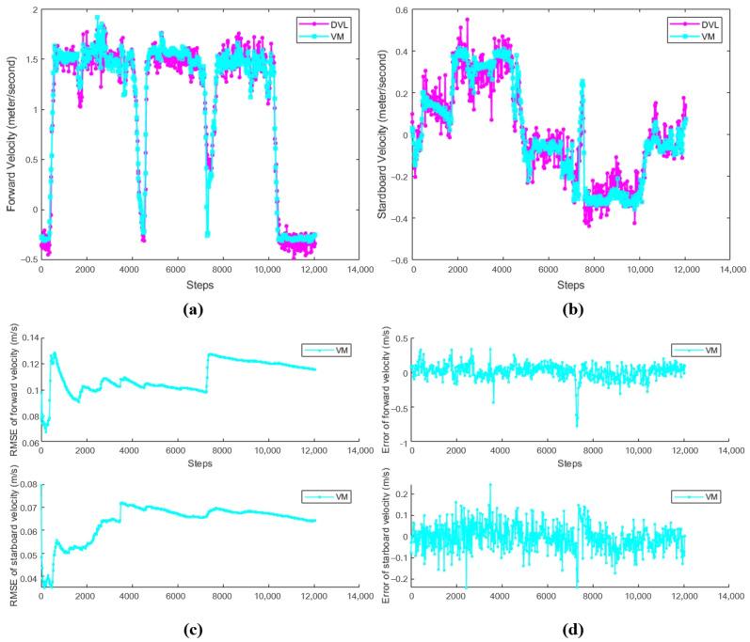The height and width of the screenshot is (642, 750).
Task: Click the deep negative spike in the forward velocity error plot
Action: tap(577, 423)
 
